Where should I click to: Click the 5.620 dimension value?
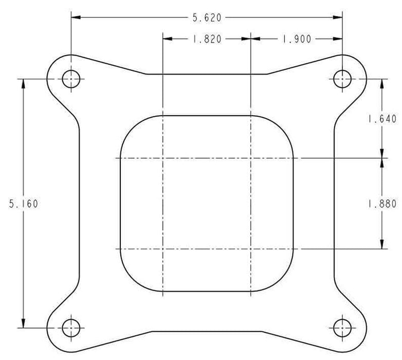pyautogui.click(x=207, y=17)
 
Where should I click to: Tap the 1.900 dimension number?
pyautogui.click(x=296, y=39)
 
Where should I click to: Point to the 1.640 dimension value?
pyautogui.click(x=382, y=119)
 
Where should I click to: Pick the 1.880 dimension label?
pyautogui.click(x=382, y=203)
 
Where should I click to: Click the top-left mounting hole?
pyautogui.click(x=71, y=79)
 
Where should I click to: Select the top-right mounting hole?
pyautogui.click(x=342, y=79)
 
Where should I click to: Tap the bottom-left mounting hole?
pyautogui.click(x=71, y=327)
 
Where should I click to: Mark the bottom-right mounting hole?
pyautogui.click(x=342, y=327)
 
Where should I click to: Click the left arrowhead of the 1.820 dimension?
pyautogui.click(x=167, y=39)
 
